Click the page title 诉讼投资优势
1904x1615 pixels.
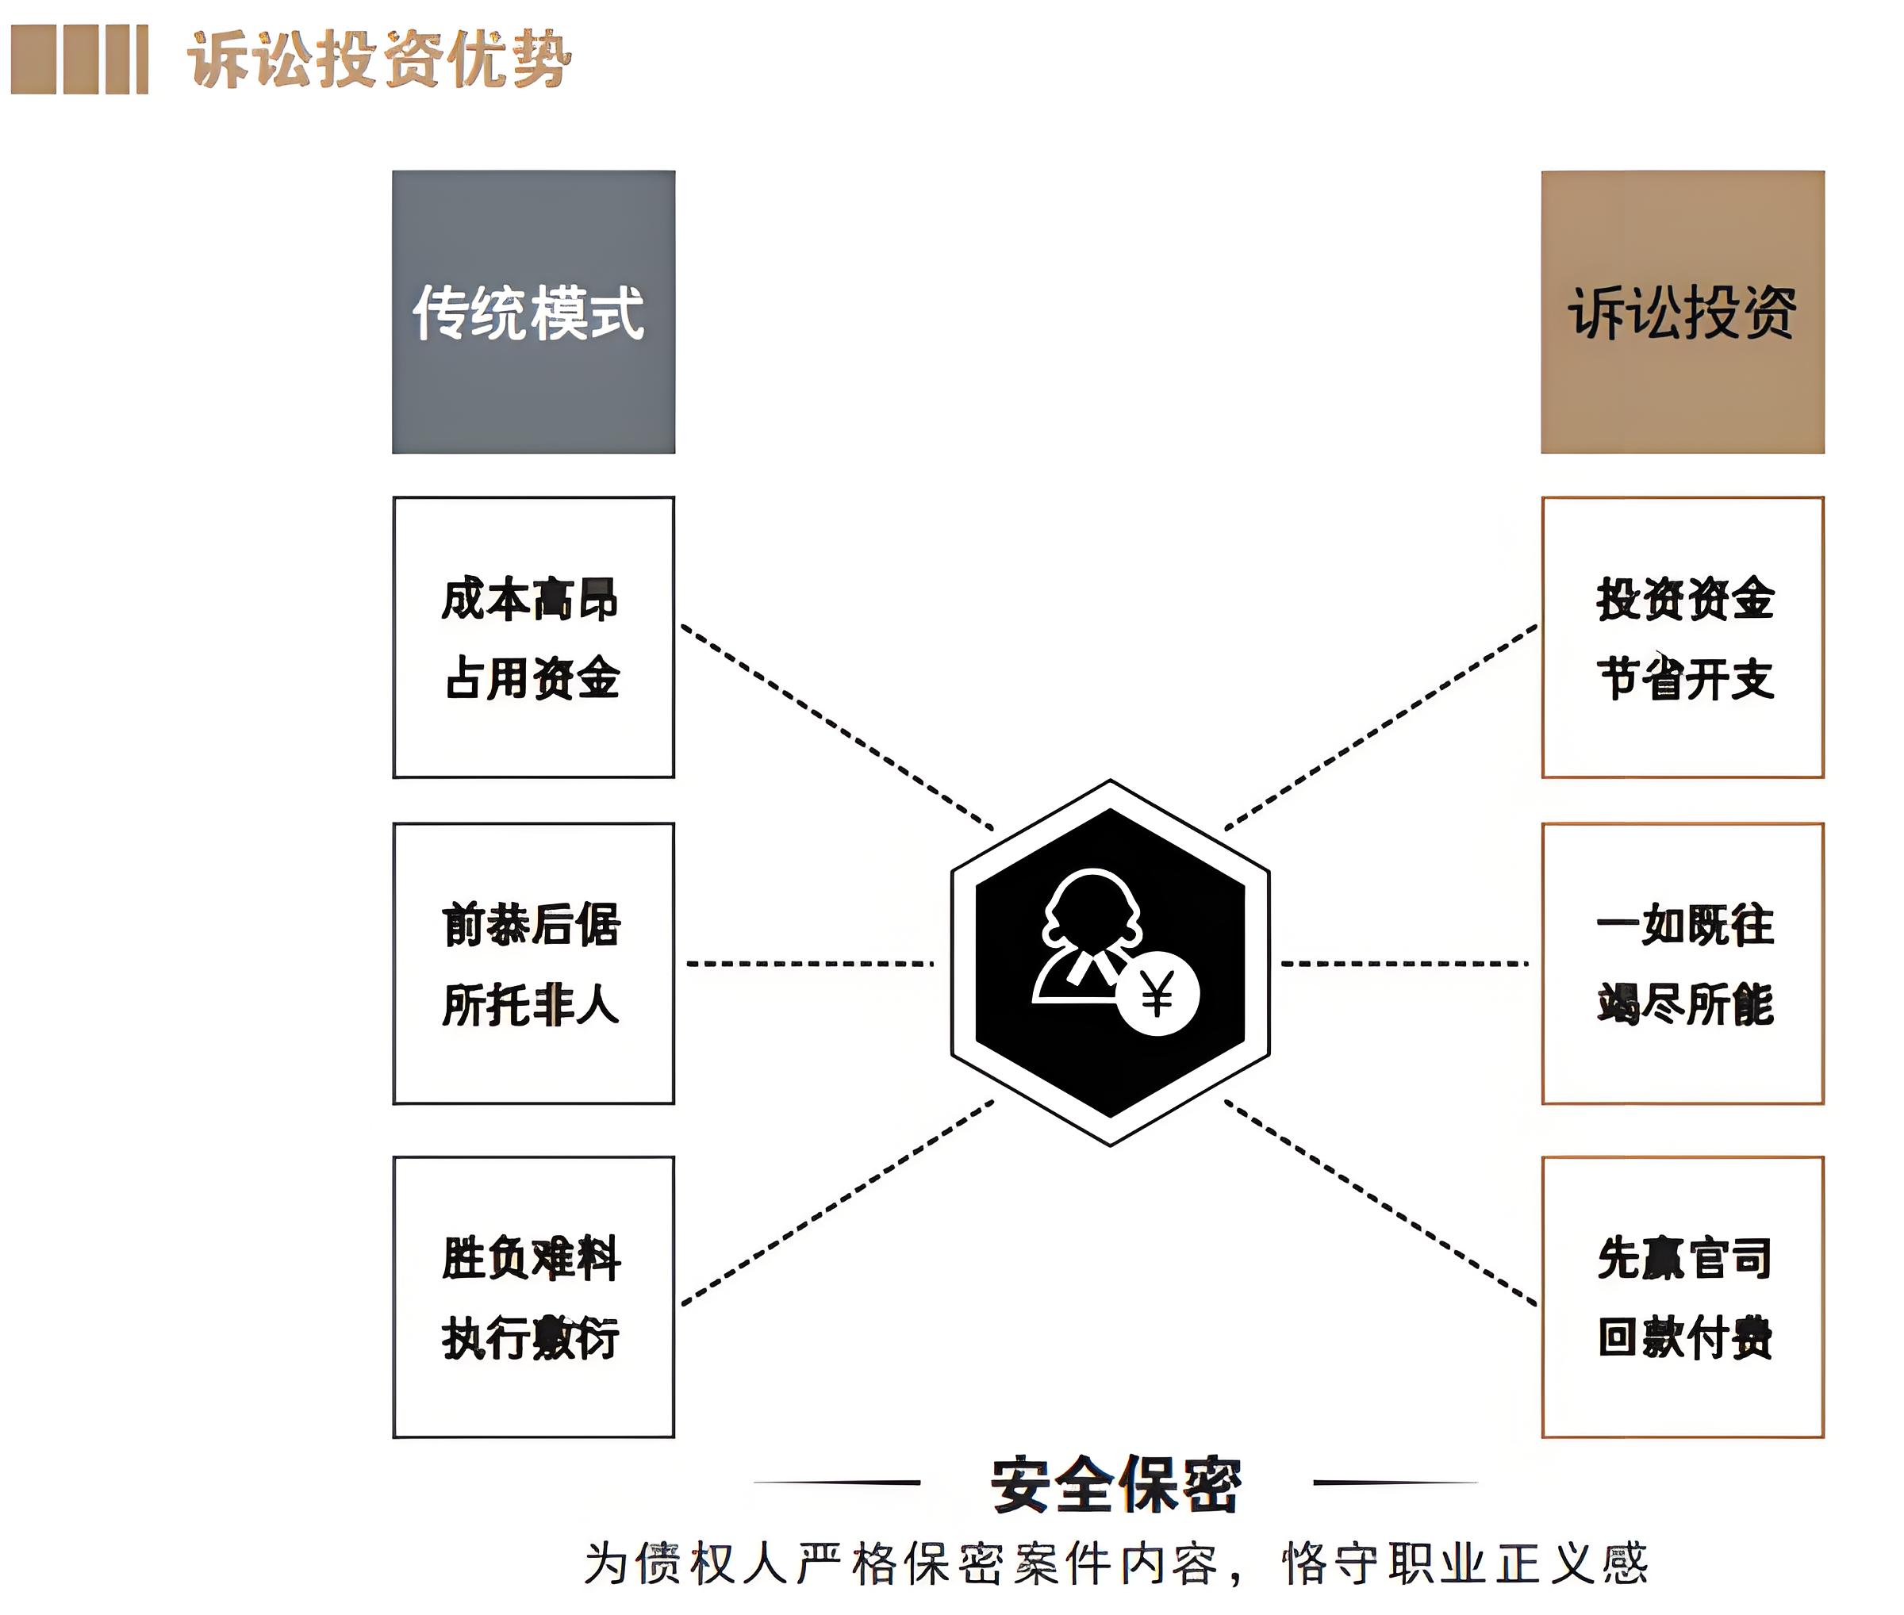coord(379,60)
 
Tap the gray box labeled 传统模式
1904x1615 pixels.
coord(533,313)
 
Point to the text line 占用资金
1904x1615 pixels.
coord(532,678)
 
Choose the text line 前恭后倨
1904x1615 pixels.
coord(532,924)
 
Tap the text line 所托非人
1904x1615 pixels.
coord(532,1004)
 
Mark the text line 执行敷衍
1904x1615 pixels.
coord(532,1337)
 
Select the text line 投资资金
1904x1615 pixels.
coord(1685,600)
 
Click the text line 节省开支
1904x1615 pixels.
coord(1685,678)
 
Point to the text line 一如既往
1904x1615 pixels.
coord(1685,925)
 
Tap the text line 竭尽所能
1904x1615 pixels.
coord(1685,1004)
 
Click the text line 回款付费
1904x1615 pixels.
coord(1685,1337)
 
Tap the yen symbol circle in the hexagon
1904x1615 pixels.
coord(1157,994)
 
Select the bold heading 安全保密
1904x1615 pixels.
coord(1115,1484)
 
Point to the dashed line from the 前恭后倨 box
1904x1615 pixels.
coord(809,963)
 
